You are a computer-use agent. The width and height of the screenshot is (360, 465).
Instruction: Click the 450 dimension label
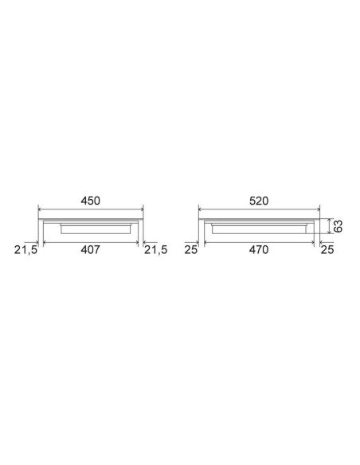click(x=91, y=201)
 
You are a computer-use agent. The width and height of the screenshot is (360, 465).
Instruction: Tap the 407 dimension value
click(x=91, y=250)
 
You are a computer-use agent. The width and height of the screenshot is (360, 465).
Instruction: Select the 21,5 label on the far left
click(x=25, y=250)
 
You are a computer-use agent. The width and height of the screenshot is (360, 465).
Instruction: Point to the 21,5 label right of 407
click(x=155, y=250)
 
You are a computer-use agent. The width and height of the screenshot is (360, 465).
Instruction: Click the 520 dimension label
click(x=259, y=201)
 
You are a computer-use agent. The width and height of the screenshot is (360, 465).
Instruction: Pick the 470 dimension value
click(x=259, y=250)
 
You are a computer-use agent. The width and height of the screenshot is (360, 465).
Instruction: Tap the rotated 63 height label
click(x=338, y=226)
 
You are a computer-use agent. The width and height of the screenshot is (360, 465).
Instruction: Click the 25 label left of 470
click(x=190, y=250)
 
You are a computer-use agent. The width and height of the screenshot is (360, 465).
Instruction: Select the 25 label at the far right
click(x=327, y=250)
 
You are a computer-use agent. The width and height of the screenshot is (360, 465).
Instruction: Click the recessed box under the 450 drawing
click(x=96, y=229)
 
